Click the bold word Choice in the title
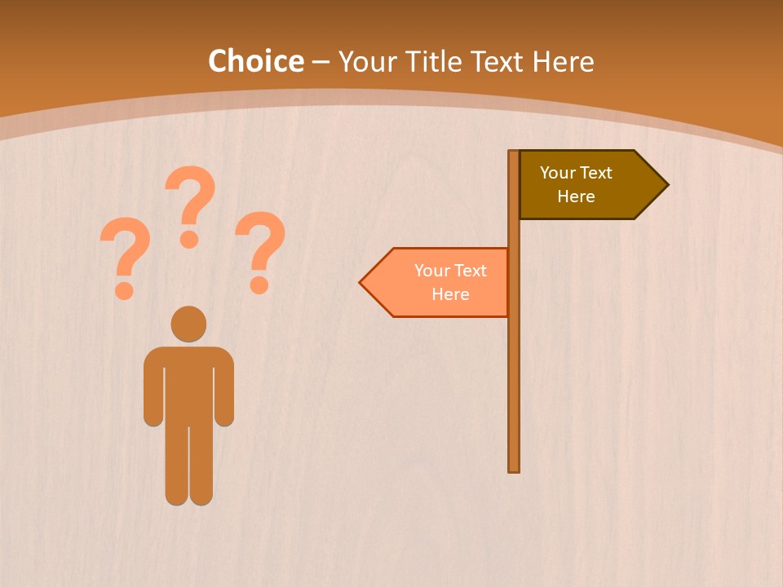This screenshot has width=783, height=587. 255,62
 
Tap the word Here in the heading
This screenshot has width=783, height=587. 563,62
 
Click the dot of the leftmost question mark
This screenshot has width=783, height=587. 124,289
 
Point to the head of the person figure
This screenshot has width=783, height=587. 188,324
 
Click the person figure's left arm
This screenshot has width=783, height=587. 153,391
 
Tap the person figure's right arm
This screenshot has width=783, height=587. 223,391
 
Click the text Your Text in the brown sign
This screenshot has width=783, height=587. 576,173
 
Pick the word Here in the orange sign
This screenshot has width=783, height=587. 450,294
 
